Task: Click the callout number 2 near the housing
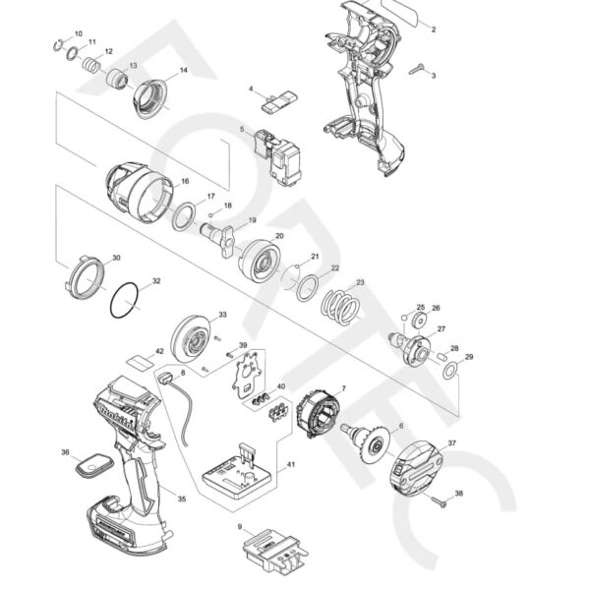435,29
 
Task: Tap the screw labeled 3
417,68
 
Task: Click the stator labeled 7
321,412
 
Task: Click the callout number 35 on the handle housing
181,500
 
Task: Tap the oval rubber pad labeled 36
93,462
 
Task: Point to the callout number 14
183,72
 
